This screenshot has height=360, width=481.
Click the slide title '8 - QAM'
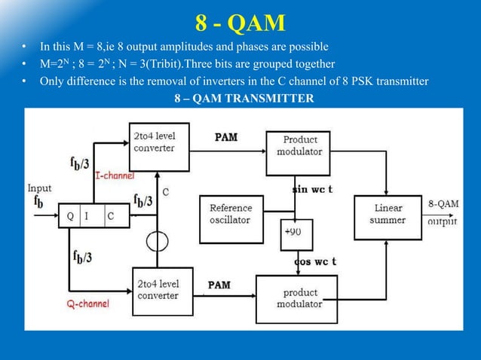240,23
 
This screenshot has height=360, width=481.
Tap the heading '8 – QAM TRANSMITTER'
240,98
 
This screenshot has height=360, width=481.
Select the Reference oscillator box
231,212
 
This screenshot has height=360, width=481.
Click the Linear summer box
388,215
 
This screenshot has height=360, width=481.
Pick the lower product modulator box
299,298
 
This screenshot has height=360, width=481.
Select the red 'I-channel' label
115,175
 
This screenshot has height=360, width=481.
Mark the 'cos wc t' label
314,261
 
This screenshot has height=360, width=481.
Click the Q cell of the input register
70,215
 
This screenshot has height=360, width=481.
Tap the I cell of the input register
90,215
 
